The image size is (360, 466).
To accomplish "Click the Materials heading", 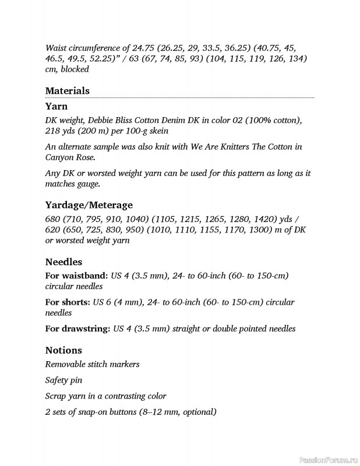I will (x=67, y=91).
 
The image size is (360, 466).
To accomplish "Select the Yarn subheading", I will (x=56, y=106).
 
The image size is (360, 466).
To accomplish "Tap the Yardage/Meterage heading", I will (x=89, y=205).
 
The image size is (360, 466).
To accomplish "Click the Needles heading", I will (x=63, y=262).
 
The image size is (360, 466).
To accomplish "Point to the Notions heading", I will (x=63, y=350).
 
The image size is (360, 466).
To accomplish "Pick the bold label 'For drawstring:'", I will (x=78, y=329).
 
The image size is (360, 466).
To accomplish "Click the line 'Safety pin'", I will (x=63, y=380).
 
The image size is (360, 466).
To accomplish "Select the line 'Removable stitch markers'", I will (x=92, y=365).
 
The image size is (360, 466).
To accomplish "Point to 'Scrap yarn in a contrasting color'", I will (x=105, y=396).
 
